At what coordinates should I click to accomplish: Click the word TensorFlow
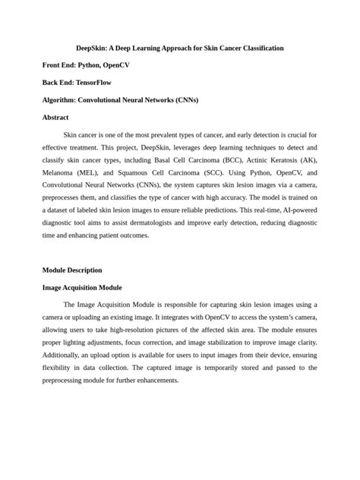coord(95,83)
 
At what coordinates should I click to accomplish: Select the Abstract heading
coord(55,118)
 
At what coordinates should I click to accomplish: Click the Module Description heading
coord(72,270)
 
